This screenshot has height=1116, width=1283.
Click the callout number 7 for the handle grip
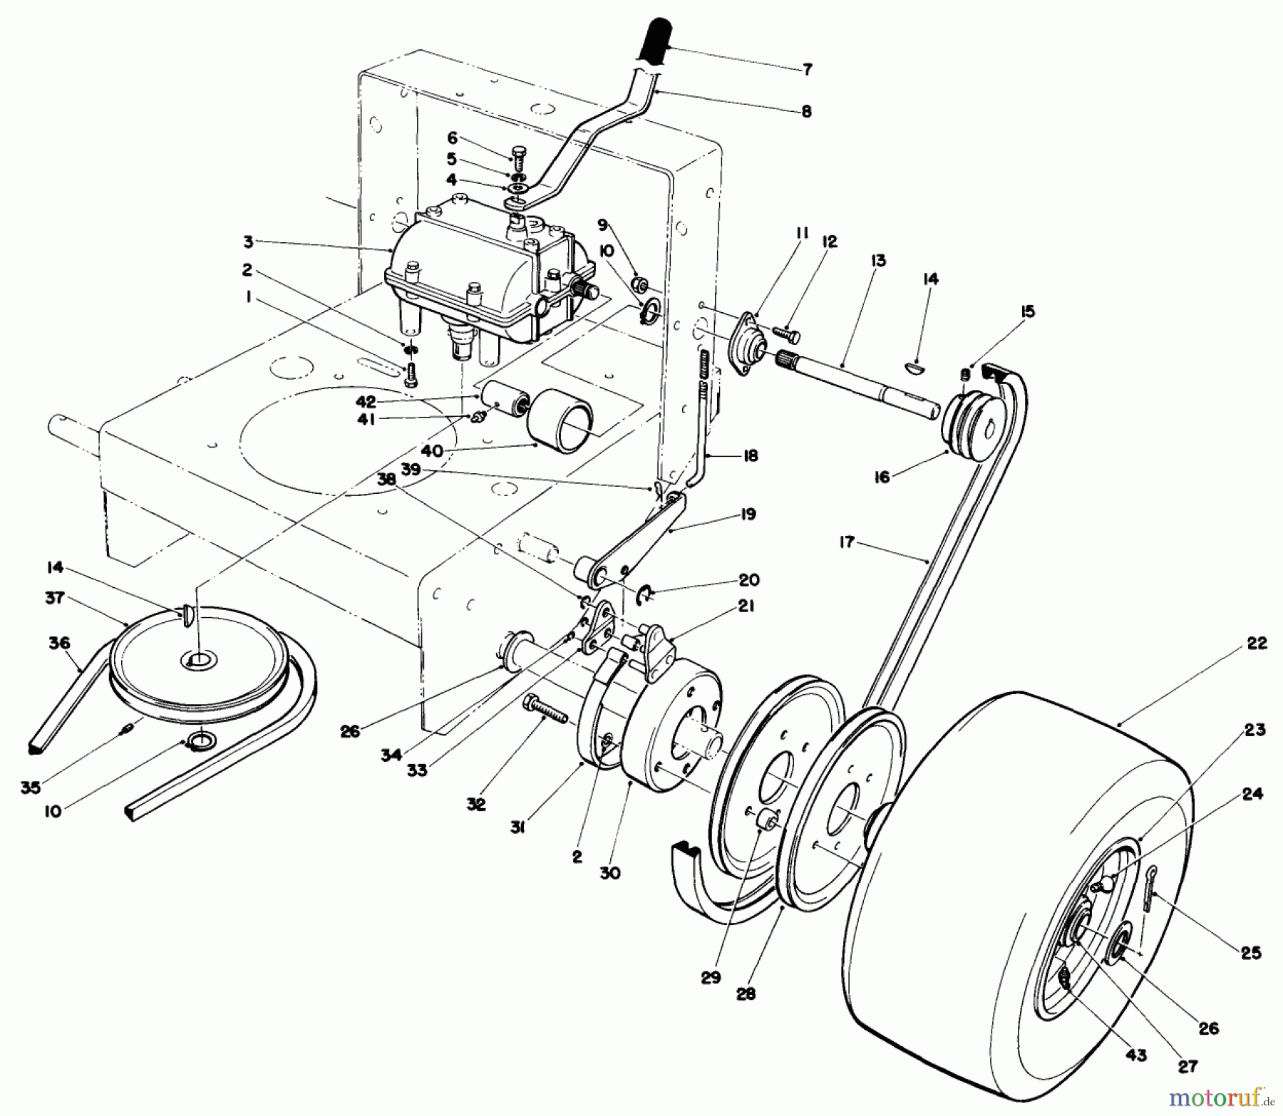(x=807, y=69)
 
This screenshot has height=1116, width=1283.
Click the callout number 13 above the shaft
(x=877, y=260)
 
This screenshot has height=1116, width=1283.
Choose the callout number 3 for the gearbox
(x=248, y=242)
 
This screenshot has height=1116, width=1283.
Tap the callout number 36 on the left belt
(x=59, y=643)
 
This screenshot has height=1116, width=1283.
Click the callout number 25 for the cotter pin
(x=1251, y=953)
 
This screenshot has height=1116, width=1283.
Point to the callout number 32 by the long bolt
(x=476, y=804)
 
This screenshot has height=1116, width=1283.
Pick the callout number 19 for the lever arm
(x=748, y=514)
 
